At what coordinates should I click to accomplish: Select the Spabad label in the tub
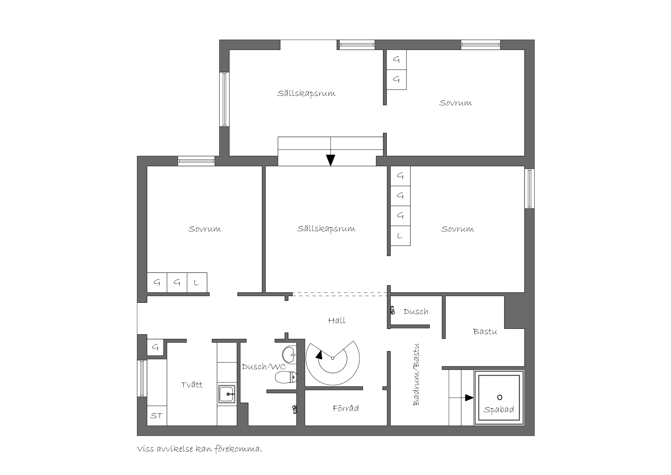point(499,409)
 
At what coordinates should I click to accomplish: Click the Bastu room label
point(485,332)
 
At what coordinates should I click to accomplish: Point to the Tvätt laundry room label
point(192,385)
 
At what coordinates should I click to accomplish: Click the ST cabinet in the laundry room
point(157,416)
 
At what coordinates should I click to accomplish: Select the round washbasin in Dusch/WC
point(289,355)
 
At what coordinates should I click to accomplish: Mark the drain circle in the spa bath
point(500,397)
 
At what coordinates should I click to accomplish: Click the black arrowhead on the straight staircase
point(331,160)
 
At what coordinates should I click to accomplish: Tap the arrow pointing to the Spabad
point(461,398)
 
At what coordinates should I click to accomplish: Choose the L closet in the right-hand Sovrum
point(400,236)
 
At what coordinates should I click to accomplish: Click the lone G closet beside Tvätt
point(155,347)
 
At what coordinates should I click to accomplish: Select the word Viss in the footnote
point(146,449)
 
